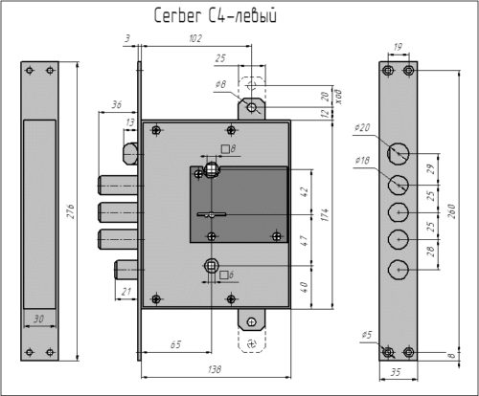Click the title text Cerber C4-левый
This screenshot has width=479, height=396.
coord(215,15)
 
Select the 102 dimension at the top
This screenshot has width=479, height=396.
coord(196,39)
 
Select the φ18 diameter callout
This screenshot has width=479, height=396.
coord(361,161)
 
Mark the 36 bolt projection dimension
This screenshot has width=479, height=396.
coord(117,106)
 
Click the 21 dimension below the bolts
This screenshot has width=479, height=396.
coord(126,291)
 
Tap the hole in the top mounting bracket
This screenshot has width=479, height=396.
coord(251,108)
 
